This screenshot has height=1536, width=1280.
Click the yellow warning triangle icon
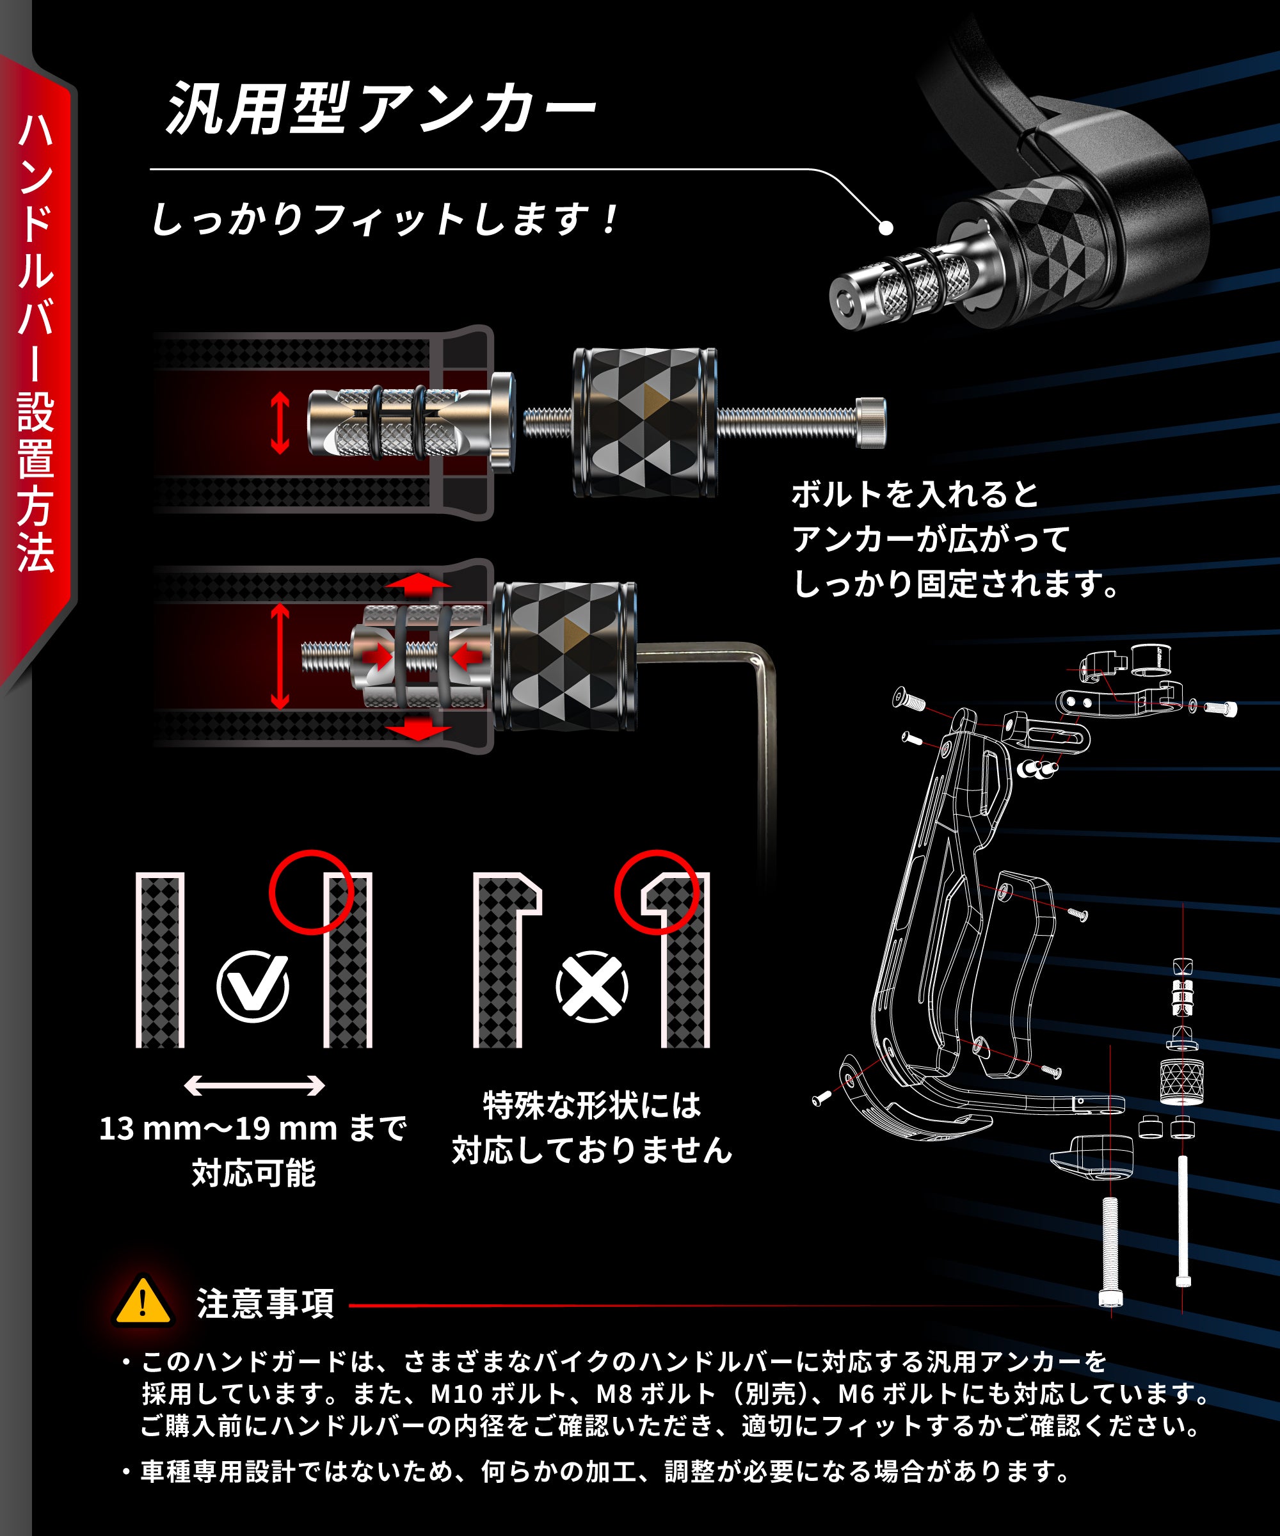coord(143,1302)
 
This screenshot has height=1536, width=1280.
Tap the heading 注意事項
coord(266,1304)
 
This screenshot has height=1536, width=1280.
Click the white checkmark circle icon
coord(253,987)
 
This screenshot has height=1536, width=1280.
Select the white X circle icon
coord(592,987)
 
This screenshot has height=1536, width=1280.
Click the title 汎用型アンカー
coord(380,109)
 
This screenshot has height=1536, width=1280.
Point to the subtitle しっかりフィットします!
coord(384,220)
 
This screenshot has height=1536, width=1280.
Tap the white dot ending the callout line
coord(886,228)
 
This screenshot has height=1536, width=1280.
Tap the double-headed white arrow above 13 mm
coord(254,1085)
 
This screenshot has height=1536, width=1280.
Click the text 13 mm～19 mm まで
coord(252,1128)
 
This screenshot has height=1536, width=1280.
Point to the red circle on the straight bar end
coord(311,892)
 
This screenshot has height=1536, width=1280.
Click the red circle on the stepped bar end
coord(656,892)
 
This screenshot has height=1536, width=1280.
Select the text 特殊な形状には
coord(592,1105)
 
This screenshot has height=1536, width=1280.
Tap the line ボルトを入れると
coord(915,495)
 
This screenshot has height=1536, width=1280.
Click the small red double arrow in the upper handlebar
coord(280,423)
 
